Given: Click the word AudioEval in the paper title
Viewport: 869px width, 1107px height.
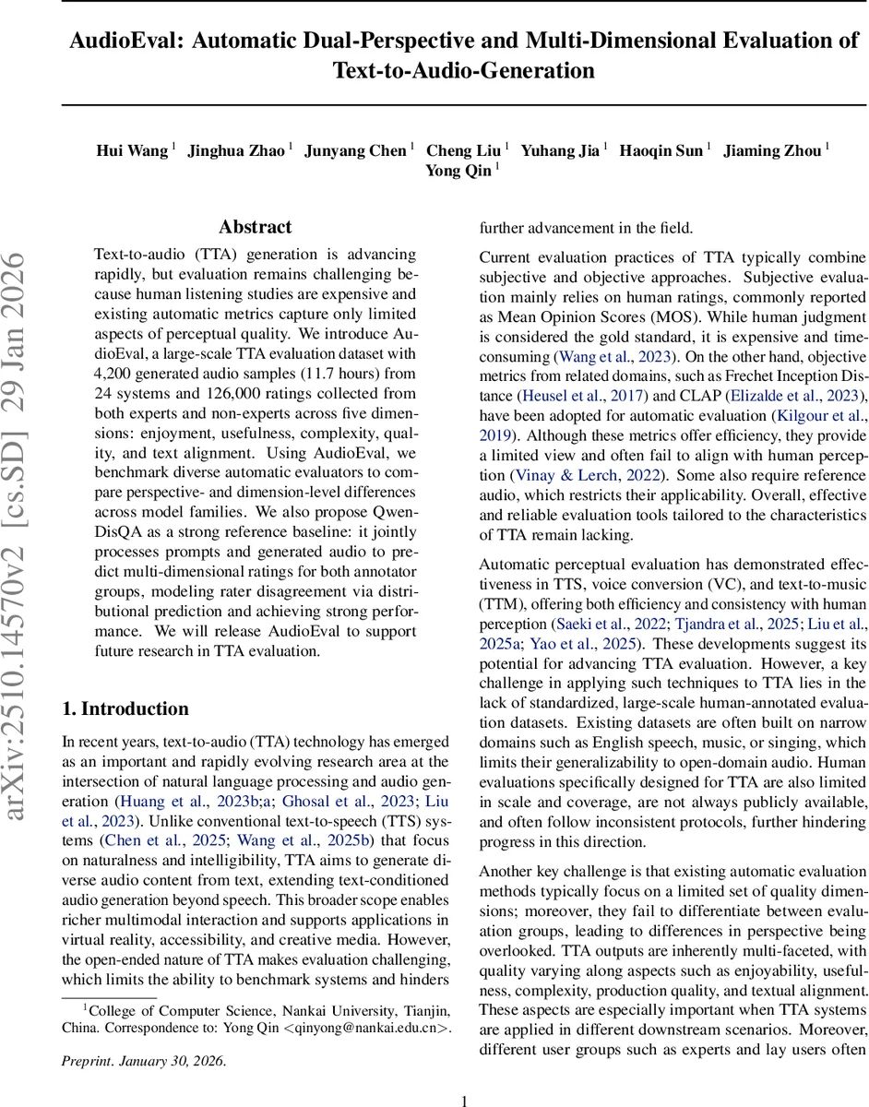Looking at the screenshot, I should pyautogui.click(x=113, y=41).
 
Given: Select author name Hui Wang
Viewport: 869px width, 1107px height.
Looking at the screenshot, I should pyautogui.click(x=133, y=150).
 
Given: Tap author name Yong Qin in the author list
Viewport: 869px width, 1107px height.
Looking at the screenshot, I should pyautogui.click(x=458, y=171).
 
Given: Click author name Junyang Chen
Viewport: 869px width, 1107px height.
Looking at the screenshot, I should pyautogui.click(x=355, y=150).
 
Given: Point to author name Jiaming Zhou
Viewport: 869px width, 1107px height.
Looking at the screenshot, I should pyautogui.click(x=772, y=150).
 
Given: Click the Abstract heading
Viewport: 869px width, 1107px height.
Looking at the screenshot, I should pyautogui.click(x=255, y=227).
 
